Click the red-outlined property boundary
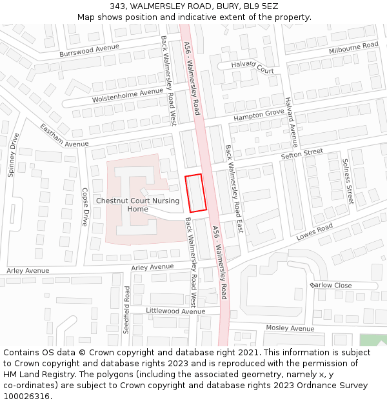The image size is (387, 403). point(196,193)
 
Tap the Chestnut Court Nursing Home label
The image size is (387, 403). point(137,204)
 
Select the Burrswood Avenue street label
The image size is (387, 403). point(90,50)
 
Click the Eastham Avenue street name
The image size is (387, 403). point(64,135)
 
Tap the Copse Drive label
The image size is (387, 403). point(84,207)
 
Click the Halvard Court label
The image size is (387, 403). point(253,66)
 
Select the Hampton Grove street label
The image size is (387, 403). point(259,115)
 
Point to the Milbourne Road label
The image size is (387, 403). point(353,47)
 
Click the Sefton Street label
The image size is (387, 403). point(301,153)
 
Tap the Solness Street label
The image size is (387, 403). point(348,181)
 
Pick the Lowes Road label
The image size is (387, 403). point(314,232)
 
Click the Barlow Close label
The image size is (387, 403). point(331,285)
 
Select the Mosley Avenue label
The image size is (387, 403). point(290,328)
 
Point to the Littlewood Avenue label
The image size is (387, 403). point(175,311)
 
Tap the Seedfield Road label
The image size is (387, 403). point(127,310)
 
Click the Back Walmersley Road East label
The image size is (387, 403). point(234,188)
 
